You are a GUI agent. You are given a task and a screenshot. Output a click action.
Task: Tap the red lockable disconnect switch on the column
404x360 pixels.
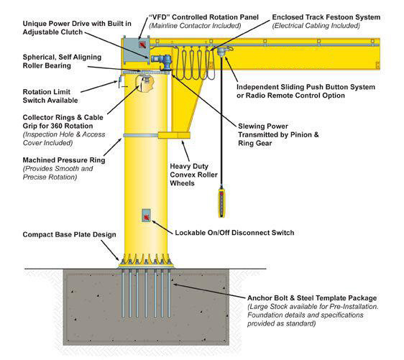[145, 215]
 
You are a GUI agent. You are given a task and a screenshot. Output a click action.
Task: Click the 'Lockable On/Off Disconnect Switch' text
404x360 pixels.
[234, 233]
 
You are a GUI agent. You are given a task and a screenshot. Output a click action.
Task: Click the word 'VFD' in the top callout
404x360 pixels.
[160, 16]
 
